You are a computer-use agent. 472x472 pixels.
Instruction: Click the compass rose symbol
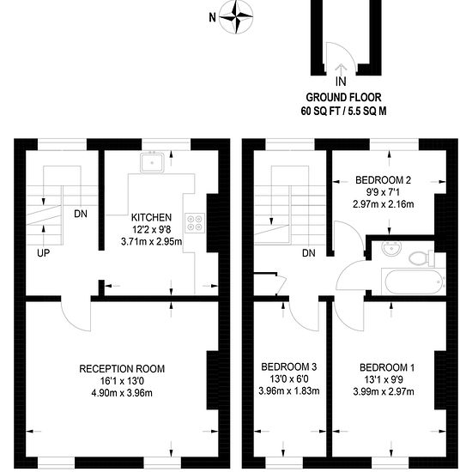(236, 16)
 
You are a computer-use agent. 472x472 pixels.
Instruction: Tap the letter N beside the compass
(213, 18)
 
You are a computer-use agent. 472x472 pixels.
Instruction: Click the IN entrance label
(341, 82)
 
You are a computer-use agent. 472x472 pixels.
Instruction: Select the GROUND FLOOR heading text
(343, 97)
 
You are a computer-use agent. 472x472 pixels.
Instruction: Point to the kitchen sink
(152, 162)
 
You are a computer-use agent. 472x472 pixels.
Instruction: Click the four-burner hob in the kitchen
(195, 223)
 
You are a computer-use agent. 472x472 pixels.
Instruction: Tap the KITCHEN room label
(151, 217)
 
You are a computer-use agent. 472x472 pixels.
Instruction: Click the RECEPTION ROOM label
(122, 369)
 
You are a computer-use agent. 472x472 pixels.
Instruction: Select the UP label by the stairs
(44, 253)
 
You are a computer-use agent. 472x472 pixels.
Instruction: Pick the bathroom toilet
(421, 258)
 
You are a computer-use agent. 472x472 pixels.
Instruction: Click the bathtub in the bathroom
(414, 281)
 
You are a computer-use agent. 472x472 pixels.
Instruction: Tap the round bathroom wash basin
(391, 248)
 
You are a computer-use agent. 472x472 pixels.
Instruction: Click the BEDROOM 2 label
(383, 180)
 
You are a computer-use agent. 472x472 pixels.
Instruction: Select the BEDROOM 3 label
(289, 366)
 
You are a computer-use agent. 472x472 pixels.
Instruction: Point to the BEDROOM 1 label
(387, 367)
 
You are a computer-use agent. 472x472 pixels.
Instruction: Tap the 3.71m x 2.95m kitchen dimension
(151, 241)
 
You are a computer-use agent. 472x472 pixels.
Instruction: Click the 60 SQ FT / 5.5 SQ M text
(343, 111)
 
